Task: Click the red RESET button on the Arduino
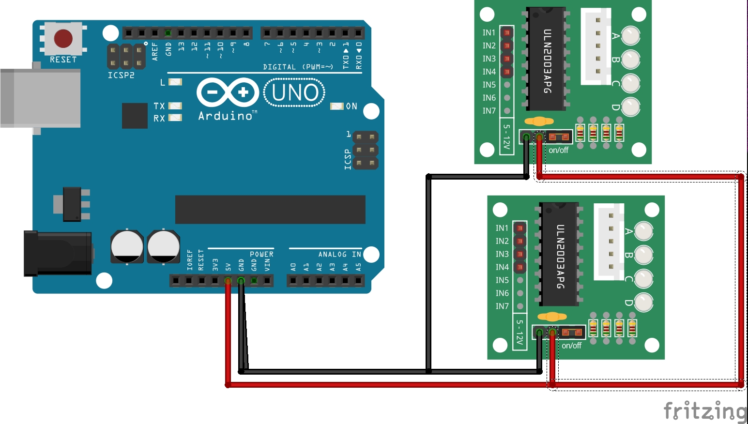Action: [63, 38]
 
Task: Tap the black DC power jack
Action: [58, 253]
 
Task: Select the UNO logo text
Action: [294, 92]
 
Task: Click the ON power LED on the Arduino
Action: [336, 106]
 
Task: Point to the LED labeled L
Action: [175, 82]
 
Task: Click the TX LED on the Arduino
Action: [175, 106]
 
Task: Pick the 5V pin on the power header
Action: [228, 280]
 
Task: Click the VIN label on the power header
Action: [267, 265]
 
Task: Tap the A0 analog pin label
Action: [293, 267]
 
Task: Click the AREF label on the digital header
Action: [155, 51]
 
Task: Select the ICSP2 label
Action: [121, 76]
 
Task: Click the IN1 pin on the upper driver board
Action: [507, 32]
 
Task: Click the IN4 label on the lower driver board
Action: [502, 267]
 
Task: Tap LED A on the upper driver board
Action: [630, 35]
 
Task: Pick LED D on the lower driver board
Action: [643, 302]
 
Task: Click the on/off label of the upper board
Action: [558, 150]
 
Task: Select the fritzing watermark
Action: [705, 411]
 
